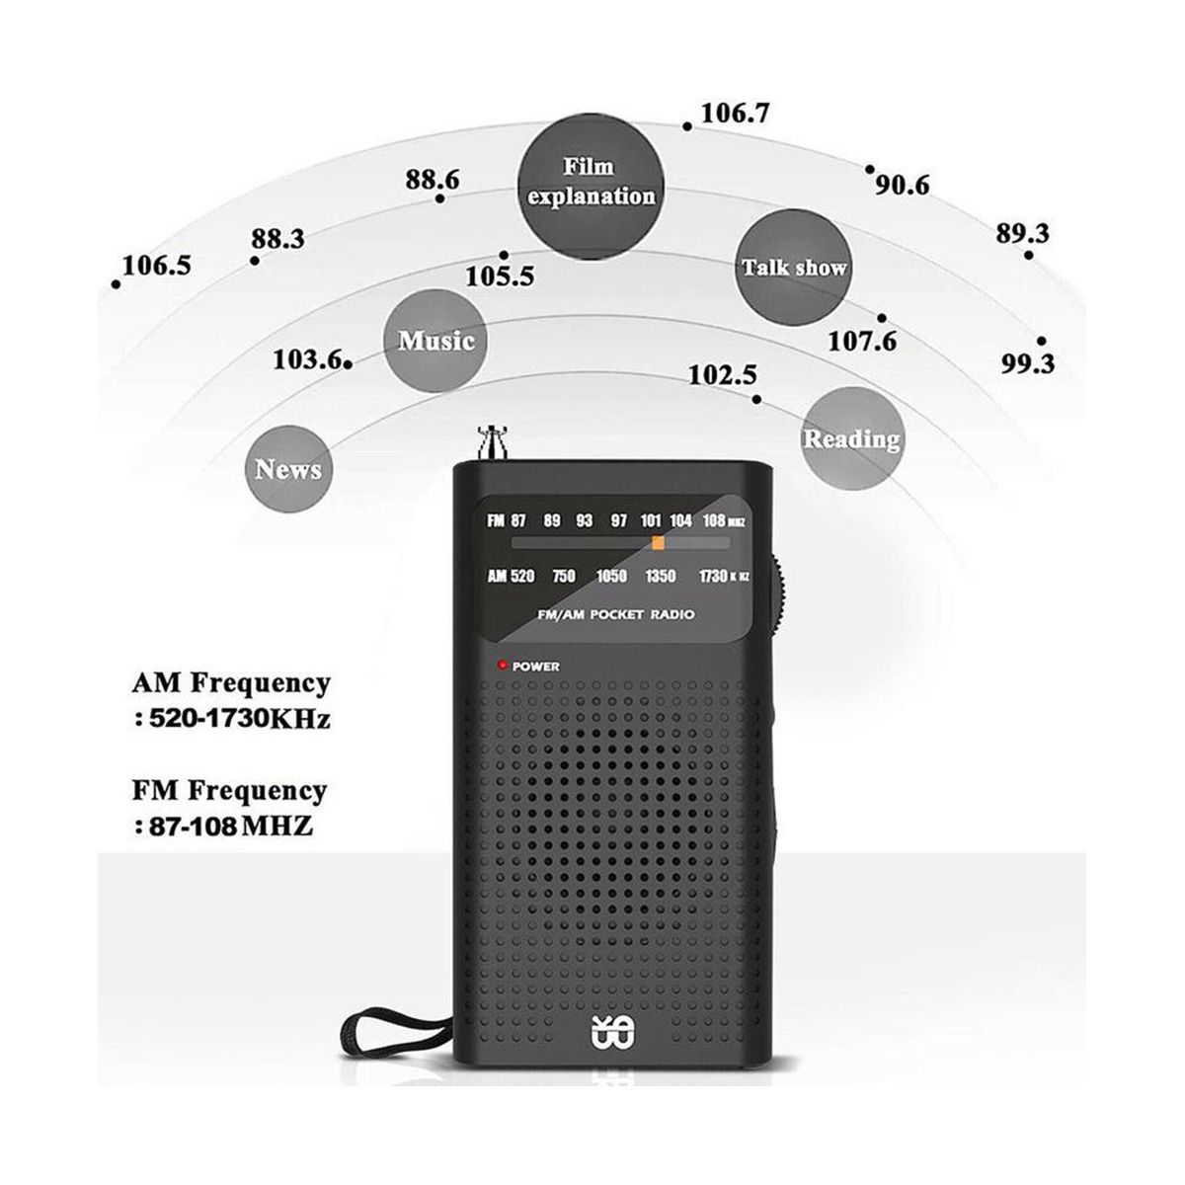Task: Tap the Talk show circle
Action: point(794,268)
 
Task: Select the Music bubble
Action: point(435,342)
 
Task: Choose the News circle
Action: point(287,469)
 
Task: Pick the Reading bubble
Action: point(851,438)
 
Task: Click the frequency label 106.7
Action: point(735,113)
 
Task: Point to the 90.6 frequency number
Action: point(902,185)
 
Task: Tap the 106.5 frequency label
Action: point(157,267)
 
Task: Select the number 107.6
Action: point(862,342)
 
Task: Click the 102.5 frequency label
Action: point(722,375)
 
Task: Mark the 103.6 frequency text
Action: point(308,360)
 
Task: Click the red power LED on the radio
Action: point(503,666)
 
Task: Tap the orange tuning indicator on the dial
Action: point(658,542)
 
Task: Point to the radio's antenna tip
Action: point(491,433)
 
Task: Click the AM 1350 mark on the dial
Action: point(661,577)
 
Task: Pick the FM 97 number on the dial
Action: point(619,520)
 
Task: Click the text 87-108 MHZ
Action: point(229,826)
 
